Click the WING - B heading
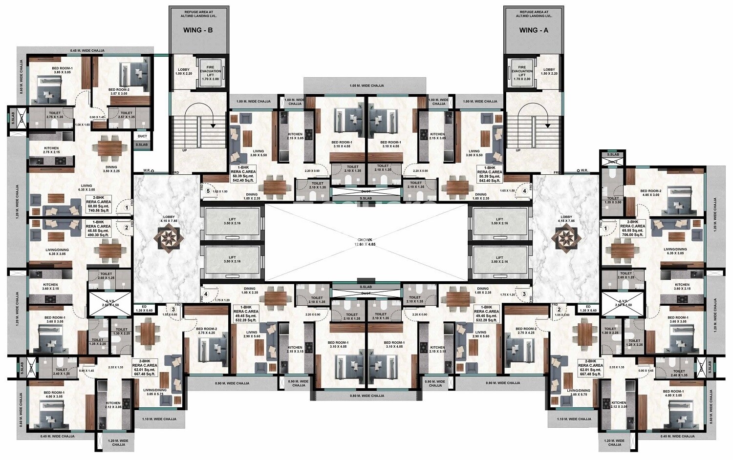(x=198, y=30)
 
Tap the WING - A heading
(x=534, y=30)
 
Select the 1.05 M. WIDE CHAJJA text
(x=366, y=85)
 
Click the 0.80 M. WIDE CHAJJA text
(x=366, y=396)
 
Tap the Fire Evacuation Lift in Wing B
(x=211, y=74)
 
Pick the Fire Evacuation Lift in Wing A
(x=522, y=74)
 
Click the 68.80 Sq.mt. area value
(x=99, y=207)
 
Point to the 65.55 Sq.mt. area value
(x=633, y=230)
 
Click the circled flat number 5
(x=208, y=191)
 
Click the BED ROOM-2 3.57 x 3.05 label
(x=119, y=92)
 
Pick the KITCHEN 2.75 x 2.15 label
(x=51, y=150)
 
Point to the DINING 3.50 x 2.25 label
(x=111, y=169)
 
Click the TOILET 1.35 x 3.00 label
(x=612, y=200)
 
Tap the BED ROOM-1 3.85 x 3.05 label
(x=62, y=70)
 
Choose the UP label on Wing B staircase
(x=184, y=150)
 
